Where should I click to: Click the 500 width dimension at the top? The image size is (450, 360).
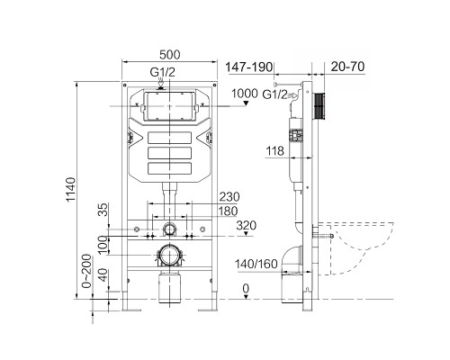pos(169,52)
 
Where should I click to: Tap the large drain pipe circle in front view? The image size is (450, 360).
pos(168,255)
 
